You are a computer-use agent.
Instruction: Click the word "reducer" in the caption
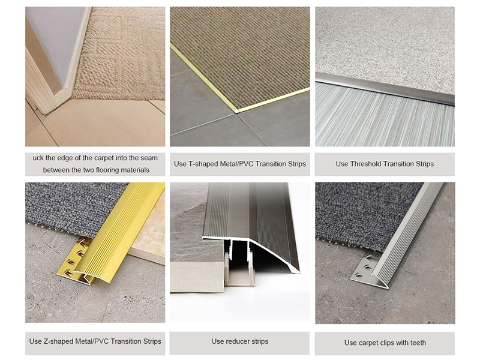(238, 341)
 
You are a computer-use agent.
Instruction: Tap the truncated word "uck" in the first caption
(40, 158)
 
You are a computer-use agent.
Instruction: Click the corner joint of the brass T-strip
(236, 111)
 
